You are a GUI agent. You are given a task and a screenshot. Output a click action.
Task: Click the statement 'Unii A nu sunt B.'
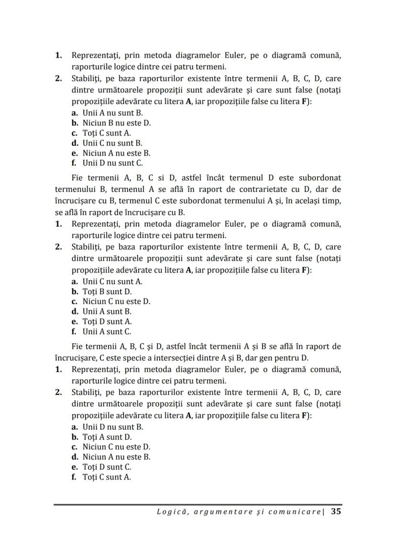[x=112, y=113]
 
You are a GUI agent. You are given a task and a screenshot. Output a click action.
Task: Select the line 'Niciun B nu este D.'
[x=116, y=123]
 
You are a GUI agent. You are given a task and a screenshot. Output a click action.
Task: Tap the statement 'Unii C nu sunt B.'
[x=112, y=143]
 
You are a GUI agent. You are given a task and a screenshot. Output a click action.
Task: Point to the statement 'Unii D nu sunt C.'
[x=112, y=163]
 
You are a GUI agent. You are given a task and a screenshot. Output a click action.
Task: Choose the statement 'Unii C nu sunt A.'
[x=112, y=281]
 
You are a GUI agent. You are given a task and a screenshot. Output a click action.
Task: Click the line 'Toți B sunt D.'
[x=107, y=292]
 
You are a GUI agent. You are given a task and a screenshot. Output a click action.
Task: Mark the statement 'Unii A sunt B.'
[x=107, y=312]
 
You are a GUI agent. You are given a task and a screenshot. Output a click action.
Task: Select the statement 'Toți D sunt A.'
[x=107, y=322]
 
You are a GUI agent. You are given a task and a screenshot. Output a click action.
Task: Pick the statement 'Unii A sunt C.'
[x=107, y=332]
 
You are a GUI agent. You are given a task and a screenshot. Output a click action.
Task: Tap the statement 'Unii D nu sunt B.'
[x=113, y=427]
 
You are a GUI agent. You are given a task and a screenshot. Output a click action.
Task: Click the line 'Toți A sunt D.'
[x=107, y=437]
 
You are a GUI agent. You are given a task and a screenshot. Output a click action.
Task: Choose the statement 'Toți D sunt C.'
[x=107, y=467]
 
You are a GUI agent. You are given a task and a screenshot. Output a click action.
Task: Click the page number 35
[x=336, y=511]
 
